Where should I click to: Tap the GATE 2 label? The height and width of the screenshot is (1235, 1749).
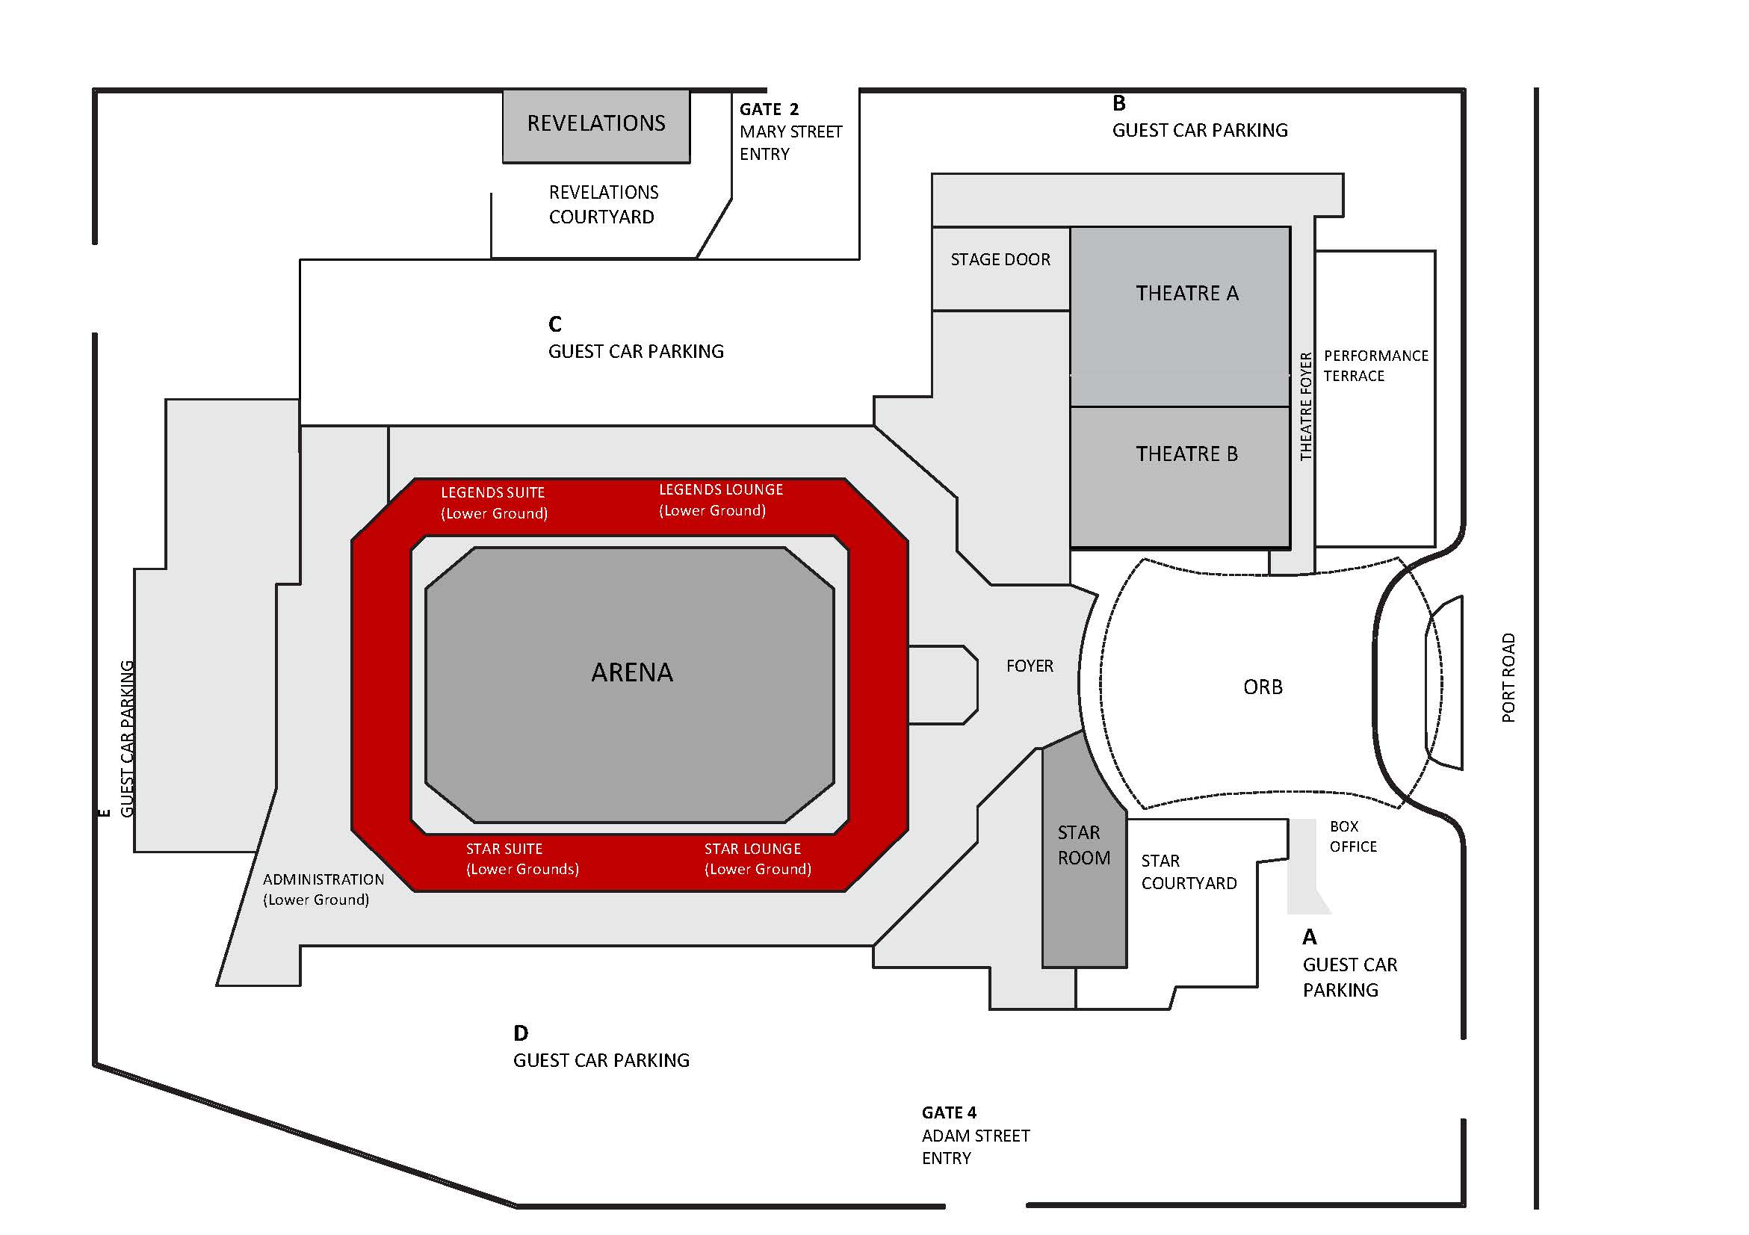click(769, 110)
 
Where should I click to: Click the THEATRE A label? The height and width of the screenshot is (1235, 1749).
click(1187, 294)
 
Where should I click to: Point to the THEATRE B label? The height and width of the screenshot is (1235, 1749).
click(1187, 454)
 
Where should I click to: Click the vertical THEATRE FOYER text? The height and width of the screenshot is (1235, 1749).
click(1306, 406)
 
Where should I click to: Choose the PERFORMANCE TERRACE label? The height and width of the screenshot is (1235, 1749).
click(1375, 365)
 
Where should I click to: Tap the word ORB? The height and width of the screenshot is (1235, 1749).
click(1263, 687)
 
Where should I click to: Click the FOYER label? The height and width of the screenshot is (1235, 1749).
click(1029, 666)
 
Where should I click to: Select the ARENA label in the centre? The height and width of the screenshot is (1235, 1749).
click(631, 672)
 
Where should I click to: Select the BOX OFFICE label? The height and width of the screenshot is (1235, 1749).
click(1353, 837)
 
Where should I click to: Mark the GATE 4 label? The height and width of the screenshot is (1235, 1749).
click(948, 1112)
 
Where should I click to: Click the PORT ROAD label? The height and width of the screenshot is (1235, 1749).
click(1508, 678)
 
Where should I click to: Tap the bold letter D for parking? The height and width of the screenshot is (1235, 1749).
click(521, 1033)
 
